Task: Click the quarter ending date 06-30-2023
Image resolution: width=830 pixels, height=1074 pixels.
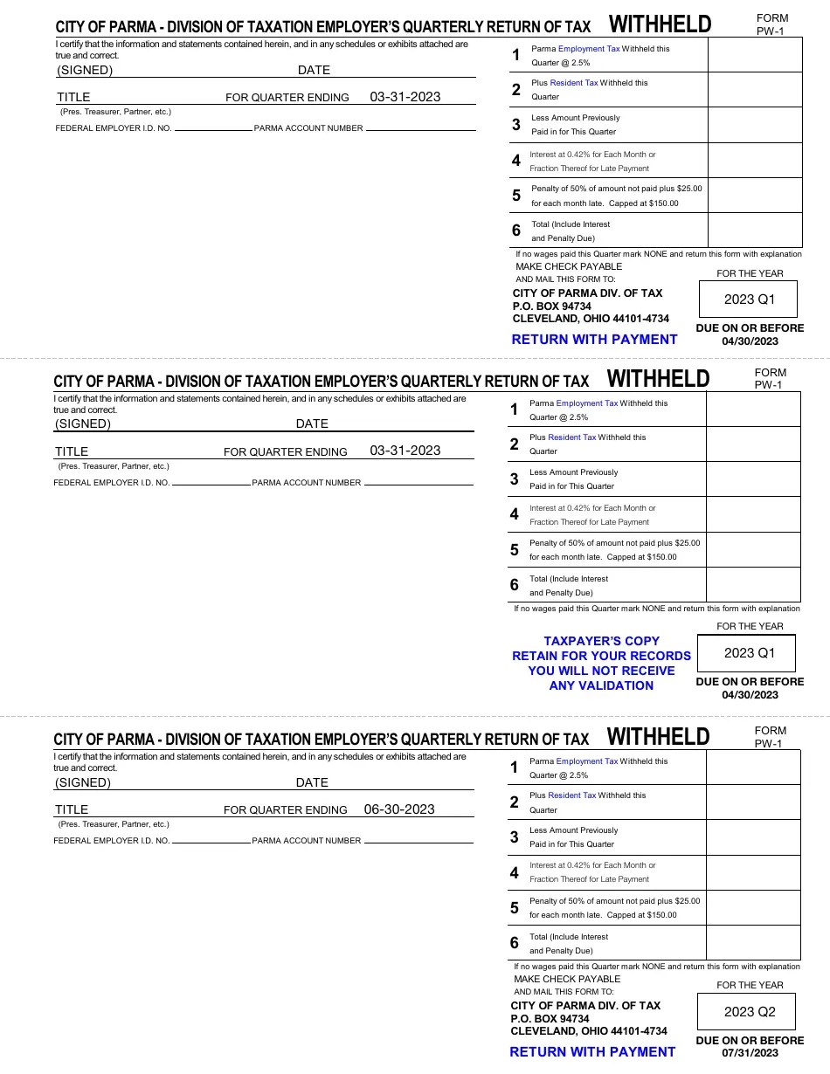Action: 399,809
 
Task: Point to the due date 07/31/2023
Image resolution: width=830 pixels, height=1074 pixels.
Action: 750,1053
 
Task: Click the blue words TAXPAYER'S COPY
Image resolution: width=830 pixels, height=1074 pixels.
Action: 601,641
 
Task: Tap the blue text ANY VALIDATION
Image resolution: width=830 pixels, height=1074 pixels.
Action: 601,685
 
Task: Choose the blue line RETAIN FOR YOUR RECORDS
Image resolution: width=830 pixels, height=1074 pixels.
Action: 601,656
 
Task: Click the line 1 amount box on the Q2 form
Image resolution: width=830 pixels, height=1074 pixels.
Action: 753,768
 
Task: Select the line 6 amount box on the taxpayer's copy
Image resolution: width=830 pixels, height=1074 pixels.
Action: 753,585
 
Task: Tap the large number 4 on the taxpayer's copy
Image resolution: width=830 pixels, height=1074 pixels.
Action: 515,514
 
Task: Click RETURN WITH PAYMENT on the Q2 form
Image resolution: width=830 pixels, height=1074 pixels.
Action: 592,1052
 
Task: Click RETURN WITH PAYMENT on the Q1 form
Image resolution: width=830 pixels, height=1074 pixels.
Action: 594,340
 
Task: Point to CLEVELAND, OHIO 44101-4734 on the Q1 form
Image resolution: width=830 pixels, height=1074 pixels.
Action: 591,319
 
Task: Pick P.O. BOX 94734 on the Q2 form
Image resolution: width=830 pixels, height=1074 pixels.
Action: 550,1019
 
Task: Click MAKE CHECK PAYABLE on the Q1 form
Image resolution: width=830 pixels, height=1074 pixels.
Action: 569,266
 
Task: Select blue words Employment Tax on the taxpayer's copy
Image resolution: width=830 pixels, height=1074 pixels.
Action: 586,403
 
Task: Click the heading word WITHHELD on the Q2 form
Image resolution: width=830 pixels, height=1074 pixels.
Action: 658,737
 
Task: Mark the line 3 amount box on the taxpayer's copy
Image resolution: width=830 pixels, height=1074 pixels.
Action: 753,479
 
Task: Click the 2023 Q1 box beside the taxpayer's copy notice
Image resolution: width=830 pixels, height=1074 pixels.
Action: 749,653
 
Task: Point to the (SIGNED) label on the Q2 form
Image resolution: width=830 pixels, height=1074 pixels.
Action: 83,782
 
